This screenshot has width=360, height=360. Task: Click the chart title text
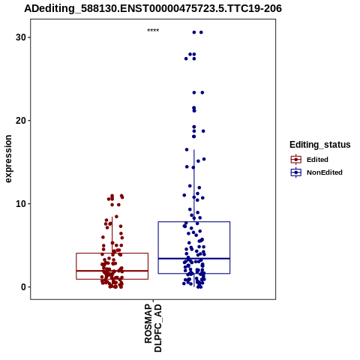[x=153, y=9]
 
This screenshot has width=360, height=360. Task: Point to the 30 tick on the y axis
[x=29, y=37]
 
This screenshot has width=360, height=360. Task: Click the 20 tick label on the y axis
[x=21, y=121]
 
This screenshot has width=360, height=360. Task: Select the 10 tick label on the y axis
[x=21, y=204]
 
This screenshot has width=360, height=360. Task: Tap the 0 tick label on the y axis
[x=23, y=287]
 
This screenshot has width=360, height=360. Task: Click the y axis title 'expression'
[x=8, y=159]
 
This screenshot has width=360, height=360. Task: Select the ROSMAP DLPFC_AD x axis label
[x=153, y=328]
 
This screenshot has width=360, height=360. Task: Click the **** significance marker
[x=153, y=31]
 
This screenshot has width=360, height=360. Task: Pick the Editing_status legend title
[x=320, y=145]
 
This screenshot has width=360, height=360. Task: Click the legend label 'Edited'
[x=317, y=160]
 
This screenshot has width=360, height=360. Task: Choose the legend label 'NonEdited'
[x=325, y=172]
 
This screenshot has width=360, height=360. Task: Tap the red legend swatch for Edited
[x=296, y=160]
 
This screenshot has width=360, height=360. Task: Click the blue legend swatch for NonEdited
[x=296, y=172]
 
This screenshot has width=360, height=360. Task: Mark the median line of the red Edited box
[x=112, y=271]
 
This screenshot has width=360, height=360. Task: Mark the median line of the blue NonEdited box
[x=194, y=259]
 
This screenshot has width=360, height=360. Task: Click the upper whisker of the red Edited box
[x=112, y=235]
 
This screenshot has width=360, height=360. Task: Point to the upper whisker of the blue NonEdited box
[x=194, y=186]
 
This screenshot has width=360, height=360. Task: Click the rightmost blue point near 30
[x=201, y=32]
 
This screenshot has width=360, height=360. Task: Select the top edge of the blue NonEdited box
[x=194, y=222]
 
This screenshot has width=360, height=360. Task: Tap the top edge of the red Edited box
[x=112, y=253]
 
